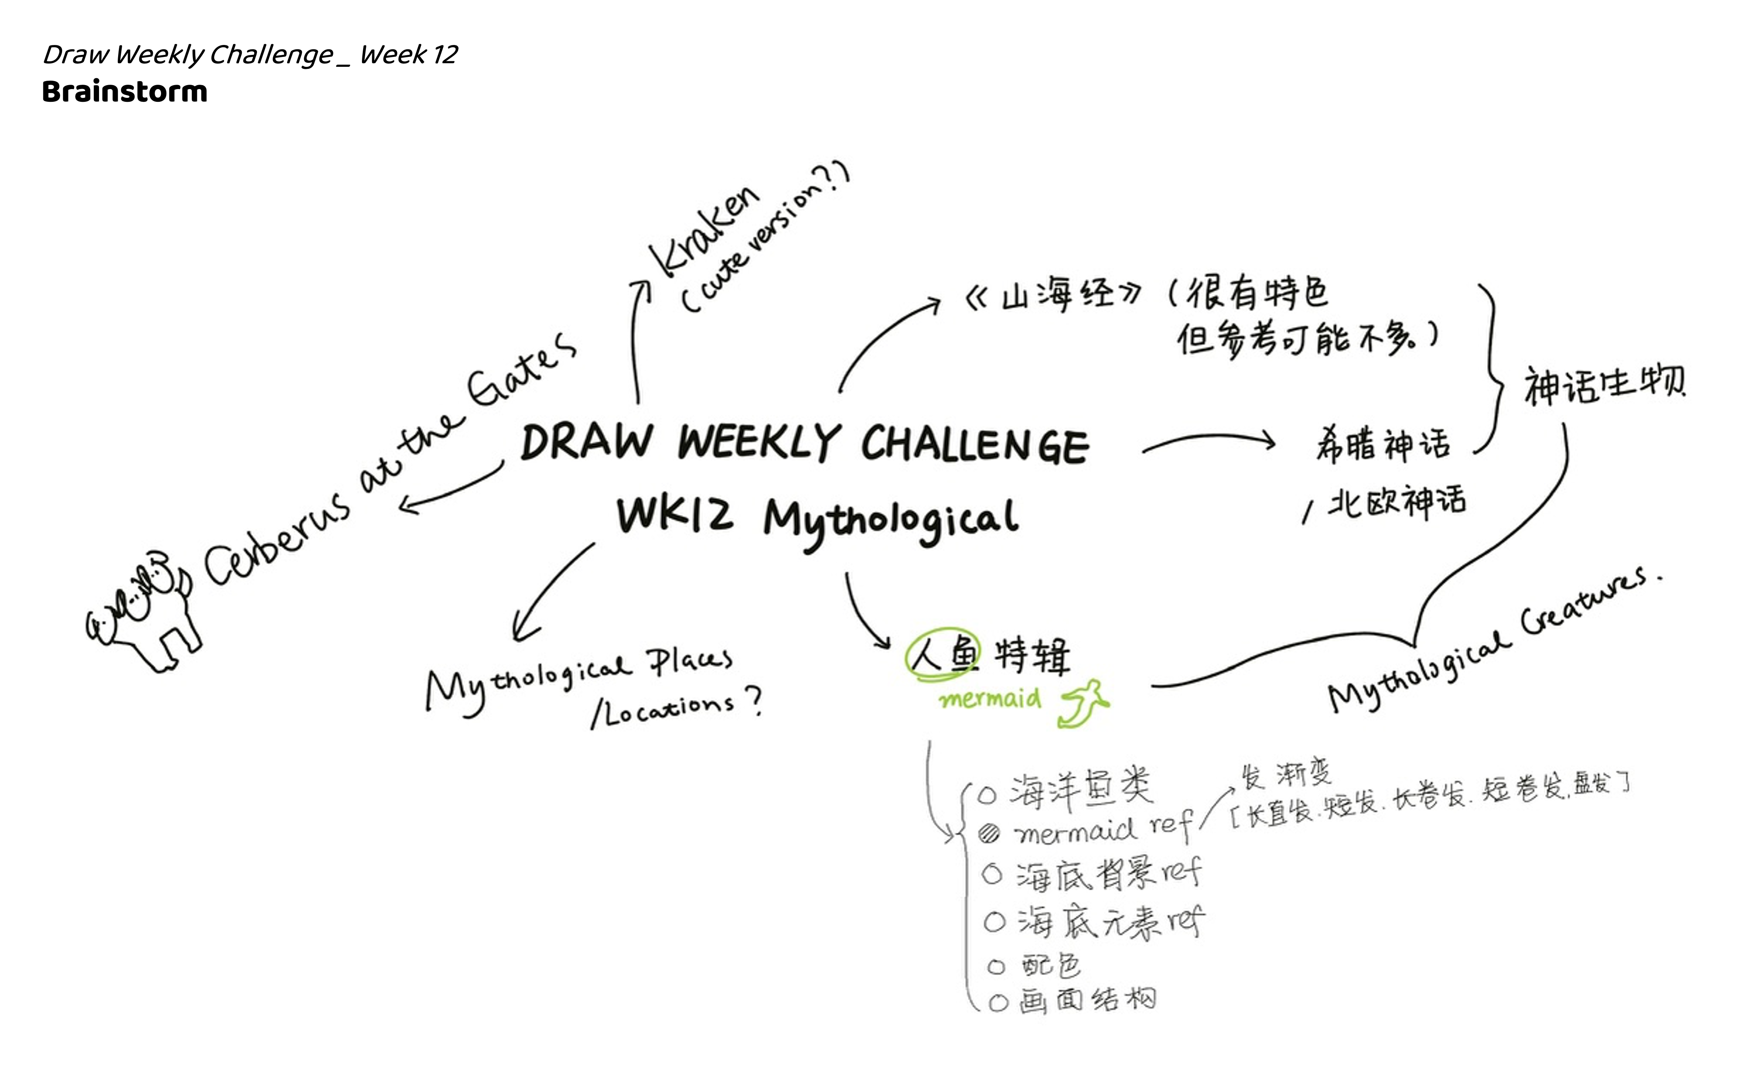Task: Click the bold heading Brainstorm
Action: [124, 92]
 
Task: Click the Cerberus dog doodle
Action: [144, 608]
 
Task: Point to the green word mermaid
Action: [990, 698]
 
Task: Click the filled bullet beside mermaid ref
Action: [990, 833]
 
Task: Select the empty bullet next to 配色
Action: [996, 967]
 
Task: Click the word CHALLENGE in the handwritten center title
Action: [975, 443]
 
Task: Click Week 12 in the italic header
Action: [408, 55]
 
